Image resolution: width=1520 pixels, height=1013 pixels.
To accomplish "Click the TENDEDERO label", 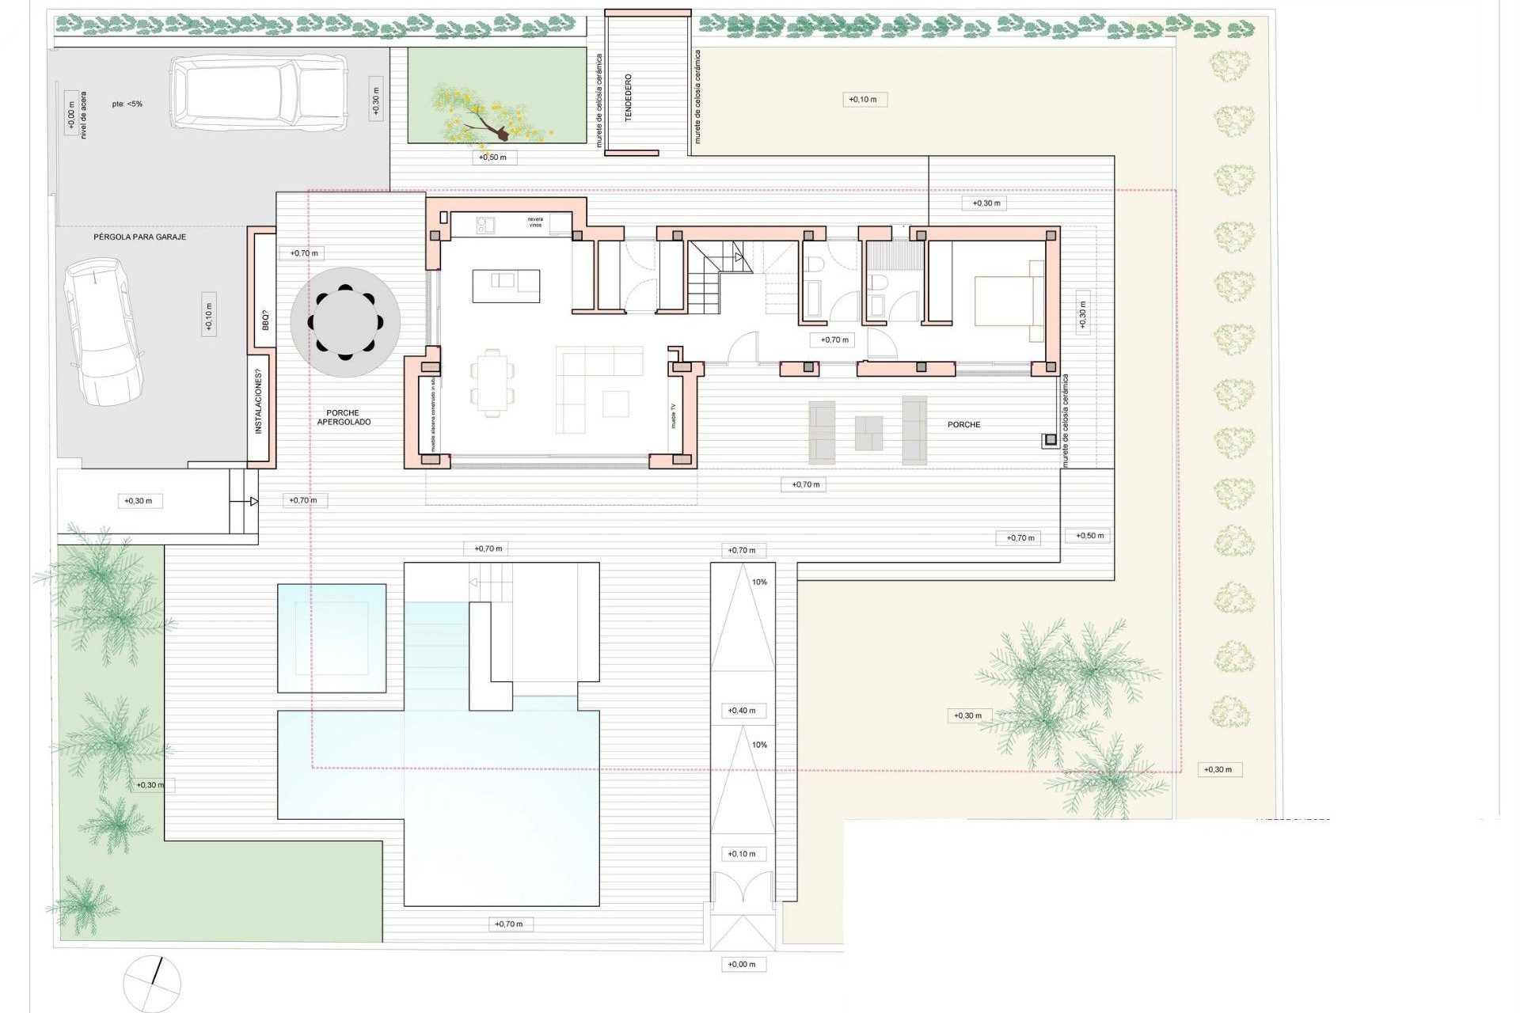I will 629,97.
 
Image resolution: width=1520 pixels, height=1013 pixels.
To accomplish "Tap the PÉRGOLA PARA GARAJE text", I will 140,237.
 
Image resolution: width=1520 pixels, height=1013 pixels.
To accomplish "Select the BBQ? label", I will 265,321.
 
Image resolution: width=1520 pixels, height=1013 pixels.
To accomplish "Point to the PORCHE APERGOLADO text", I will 343,417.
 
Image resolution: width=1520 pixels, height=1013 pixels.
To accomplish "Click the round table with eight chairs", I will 345,321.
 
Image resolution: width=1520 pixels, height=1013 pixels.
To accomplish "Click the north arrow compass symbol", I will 152,983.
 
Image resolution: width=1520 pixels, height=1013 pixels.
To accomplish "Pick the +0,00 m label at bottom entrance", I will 742,964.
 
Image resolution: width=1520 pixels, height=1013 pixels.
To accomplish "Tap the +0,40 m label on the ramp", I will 742,711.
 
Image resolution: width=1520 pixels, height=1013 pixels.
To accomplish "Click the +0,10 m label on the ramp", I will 742,854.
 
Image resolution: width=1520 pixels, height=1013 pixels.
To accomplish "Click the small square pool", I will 332,638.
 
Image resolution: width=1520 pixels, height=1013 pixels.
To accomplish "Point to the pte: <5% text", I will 127,104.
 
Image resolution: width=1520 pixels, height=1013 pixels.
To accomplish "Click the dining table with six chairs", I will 492,383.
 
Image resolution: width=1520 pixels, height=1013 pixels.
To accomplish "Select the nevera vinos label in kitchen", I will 536,222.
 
